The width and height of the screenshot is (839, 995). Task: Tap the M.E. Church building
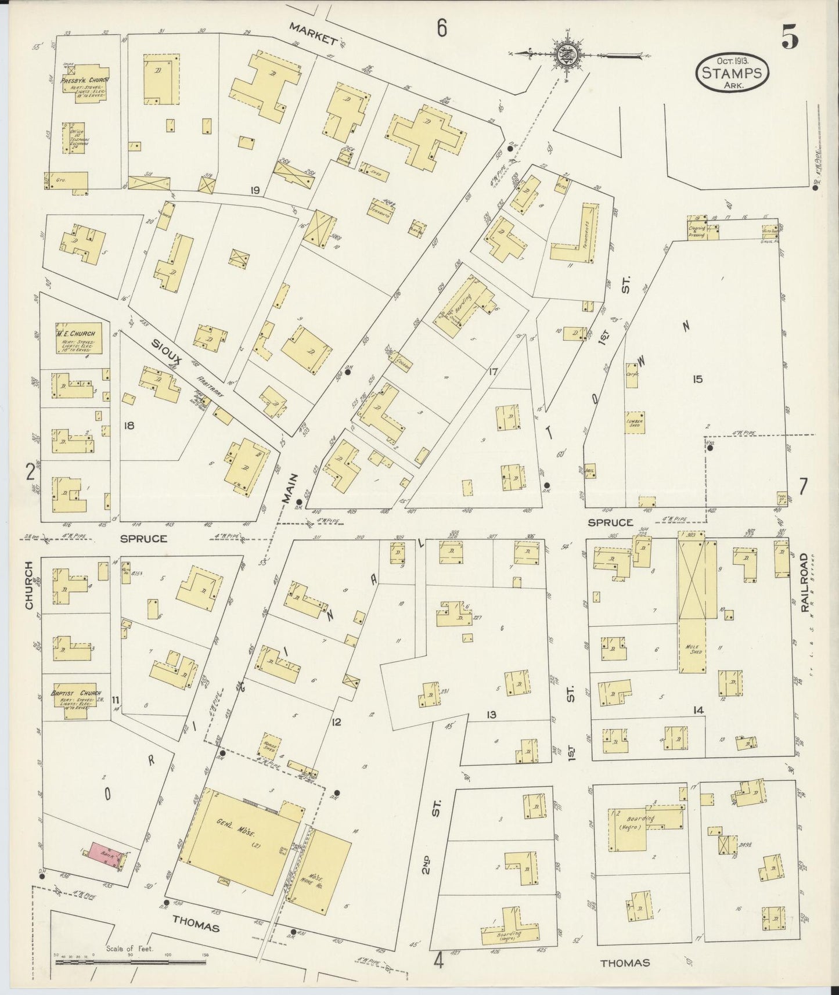pyautogui.click(x=75, y=337)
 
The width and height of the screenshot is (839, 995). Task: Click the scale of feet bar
pyautogui.click(x=131, y=961)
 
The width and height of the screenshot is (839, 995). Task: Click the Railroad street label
pyautogui.click(x=804, y=582)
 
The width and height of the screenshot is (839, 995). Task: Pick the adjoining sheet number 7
pyautogui.click(x=802, y=486)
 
